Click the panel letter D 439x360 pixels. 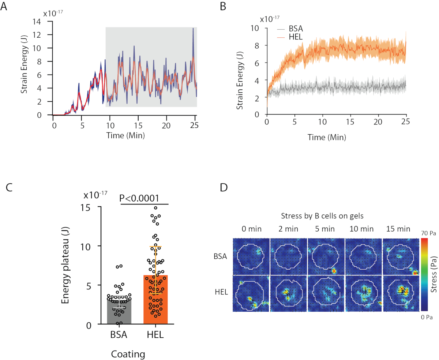tap(224, 188)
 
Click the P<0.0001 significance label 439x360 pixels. tap(139, 198)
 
